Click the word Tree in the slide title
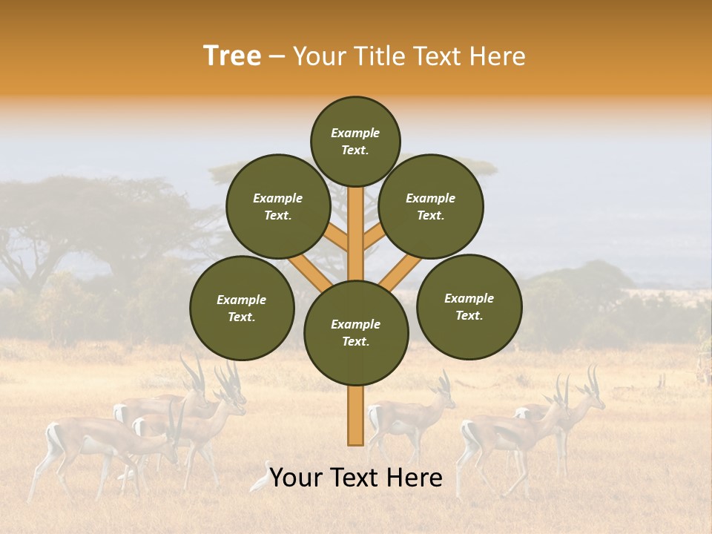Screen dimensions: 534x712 pyautogui.click(x=232, y=56)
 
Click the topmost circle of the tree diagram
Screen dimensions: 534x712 pyautogui.click(x=355, y=141)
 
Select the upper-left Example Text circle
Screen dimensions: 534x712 pyautogui.click(x=278, y=206)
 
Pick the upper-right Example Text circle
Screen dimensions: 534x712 pyautogui.click(x=431, y=206)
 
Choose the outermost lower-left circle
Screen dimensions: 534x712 pyautogui.click(x=242, y=308)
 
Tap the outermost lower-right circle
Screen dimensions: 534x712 pyautogui.click(x=469, y=306)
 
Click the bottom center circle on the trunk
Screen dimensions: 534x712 pyautogui.click(x=356, y=333)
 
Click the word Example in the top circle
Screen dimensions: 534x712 pyautogui.click(x=355, y=133)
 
